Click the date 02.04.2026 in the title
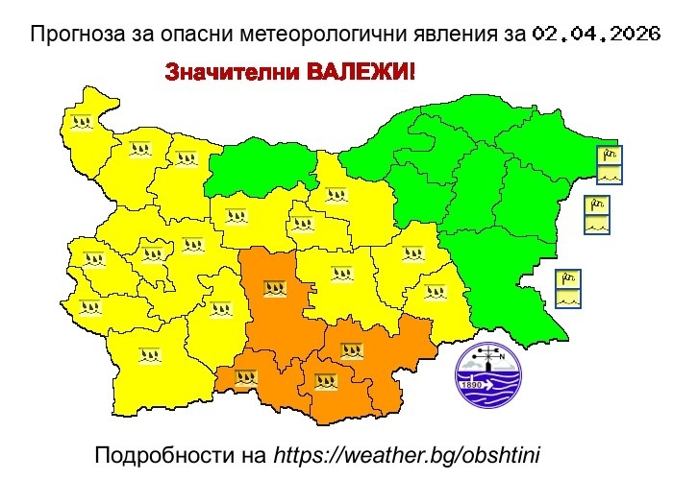tap(595, 35)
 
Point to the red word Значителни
tap(229, 72)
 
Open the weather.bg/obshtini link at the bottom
tap(411, 453)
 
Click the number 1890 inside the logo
tap(471, 386)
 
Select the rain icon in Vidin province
tap(80, 122)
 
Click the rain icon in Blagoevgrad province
tap(148, 355)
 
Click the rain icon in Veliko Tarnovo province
tap(336, 196)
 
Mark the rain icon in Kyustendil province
tap(89, 308)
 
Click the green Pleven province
tap(262, 167)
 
